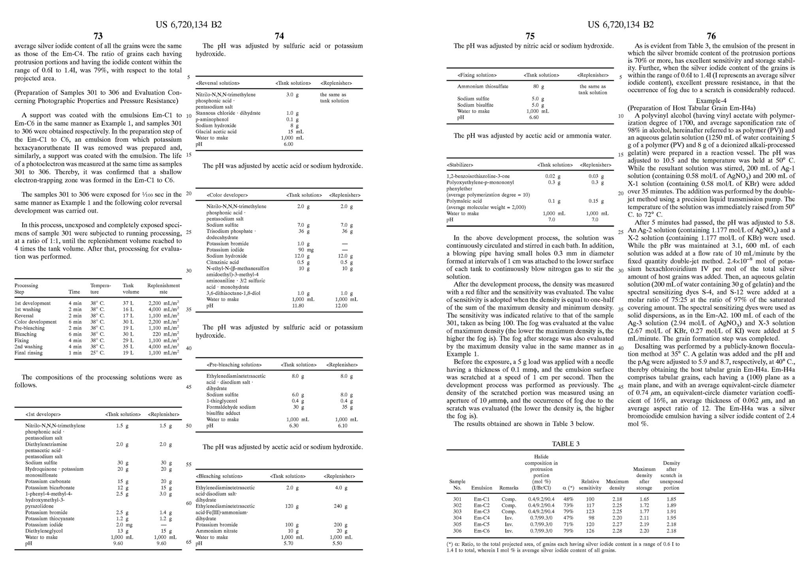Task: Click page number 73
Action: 98,36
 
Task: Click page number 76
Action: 711,36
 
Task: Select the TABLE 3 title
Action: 565,444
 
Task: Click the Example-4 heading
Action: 711,101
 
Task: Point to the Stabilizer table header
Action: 460,165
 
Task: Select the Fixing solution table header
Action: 477,75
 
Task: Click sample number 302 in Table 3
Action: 457,505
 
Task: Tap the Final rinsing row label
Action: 28,353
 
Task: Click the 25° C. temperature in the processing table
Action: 97,353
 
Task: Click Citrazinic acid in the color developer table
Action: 222,262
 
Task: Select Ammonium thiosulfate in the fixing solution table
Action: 483,87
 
